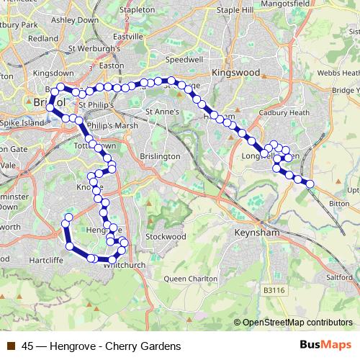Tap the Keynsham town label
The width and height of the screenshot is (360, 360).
257,233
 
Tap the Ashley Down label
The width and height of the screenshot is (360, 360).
73,20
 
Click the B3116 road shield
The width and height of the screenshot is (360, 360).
273,289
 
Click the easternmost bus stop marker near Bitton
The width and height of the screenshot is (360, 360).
310,184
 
